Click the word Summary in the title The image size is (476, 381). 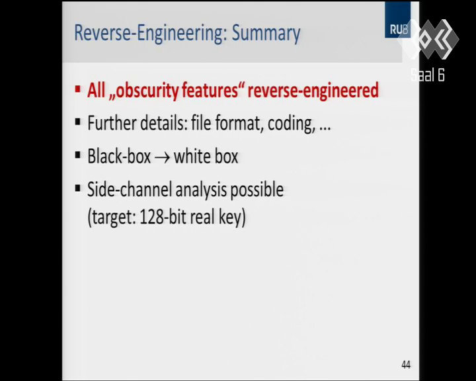pyautogui.click(x=266, y=34)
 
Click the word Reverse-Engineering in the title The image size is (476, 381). pyautogui.click(x=151, y=33)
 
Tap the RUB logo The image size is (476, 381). pyautogui.click(x=398, y=20)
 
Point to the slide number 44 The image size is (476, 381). pyautogui.click(x=406, y=364)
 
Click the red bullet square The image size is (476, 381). pyautogui.click(x=78, y=89)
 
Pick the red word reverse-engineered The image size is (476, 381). pyautogui.click(x=313, y=91)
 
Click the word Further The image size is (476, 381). pyautogui.click(x=112, y=123)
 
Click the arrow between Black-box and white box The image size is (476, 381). pyautogui.click(x=162, y=158)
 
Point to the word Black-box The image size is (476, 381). pyautogui.click(x=119, y=156)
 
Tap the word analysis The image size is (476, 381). pyautogui.click(x=201, y=190)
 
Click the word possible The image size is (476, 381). pyautogui.click(x=257, y=190)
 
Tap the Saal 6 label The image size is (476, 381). pyautogui.click(x=428, y=75)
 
